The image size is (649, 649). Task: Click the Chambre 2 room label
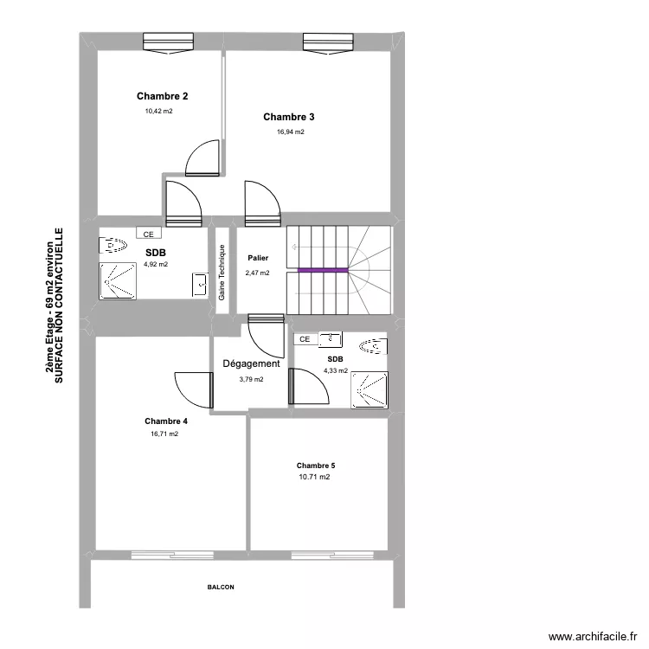point(163,97)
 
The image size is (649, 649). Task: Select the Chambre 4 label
point(166,421)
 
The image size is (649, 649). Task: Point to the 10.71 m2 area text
point(314,477)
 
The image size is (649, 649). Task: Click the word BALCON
point(221,587)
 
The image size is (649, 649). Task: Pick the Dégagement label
point(251,364)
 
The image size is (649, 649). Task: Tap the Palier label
point(257,258)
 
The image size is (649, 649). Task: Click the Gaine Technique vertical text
point(222,273)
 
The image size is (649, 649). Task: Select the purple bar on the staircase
point(323,270)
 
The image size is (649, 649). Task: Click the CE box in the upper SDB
point(148,234)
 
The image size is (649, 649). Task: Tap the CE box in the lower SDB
point(305,340)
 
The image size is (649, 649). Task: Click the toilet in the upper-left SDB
point(113,247)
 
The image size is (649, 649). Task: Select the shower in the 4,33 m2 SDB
point(369,389)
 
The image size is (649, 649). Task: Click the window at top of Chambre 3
point(330,43)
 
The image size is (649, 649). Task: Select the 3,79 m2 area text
point(251,379)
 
